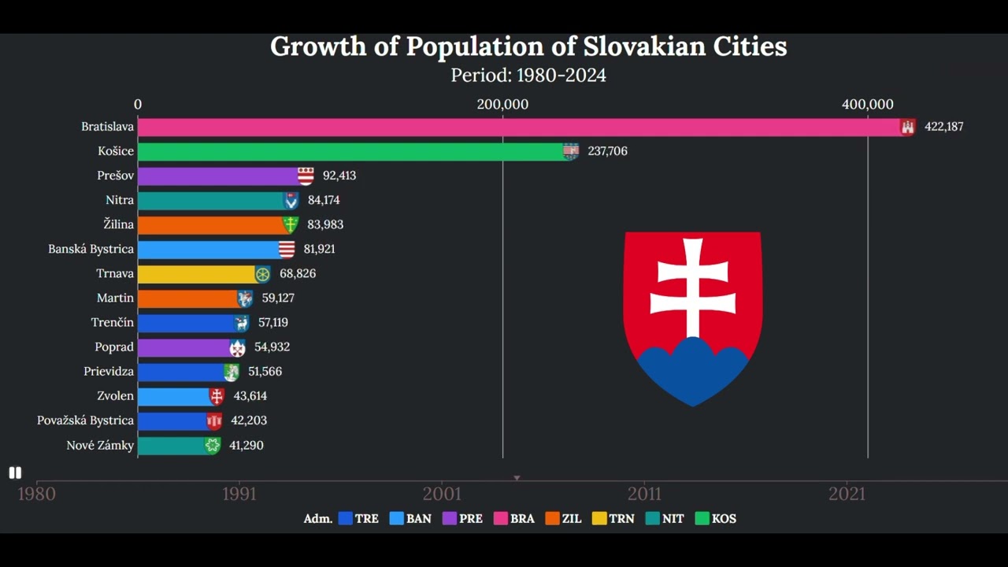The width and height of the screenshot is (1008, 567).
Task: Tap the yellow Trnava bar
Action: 196,274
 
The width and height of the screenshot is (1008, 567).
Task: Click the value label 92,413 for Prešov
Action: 339,176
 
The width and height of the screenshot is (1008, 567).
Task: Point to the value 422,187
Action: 943,127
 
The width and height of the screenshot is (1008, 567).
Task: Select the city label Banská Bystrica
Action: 91,249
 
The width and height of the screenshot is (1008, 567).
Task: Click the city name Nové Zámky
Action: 100,446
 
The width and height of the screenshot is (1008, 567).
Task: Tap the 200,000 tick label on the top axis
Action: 502,105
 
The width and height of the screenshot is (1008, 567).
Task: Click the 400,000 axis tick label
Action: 867,105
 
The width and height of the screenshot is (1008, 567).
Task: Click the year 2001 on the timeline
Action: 442,494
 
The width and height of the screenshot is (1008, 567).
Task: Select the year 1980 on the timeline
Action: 36,494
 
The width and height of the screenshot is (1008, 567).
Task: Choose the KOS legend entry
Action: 716,519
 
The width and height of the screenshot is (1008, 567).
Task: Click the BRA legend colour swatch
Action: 501,519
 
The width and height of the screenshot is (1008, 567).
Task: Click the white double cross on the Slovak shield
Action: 693,287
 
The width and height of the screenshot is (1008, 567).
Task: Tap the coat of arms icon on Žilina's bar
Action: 291,225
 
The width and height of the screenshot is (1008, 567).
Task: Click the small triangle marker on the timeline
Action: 517,478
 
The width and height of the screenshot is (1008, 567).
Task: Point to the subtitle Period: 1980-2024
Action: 528,76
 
